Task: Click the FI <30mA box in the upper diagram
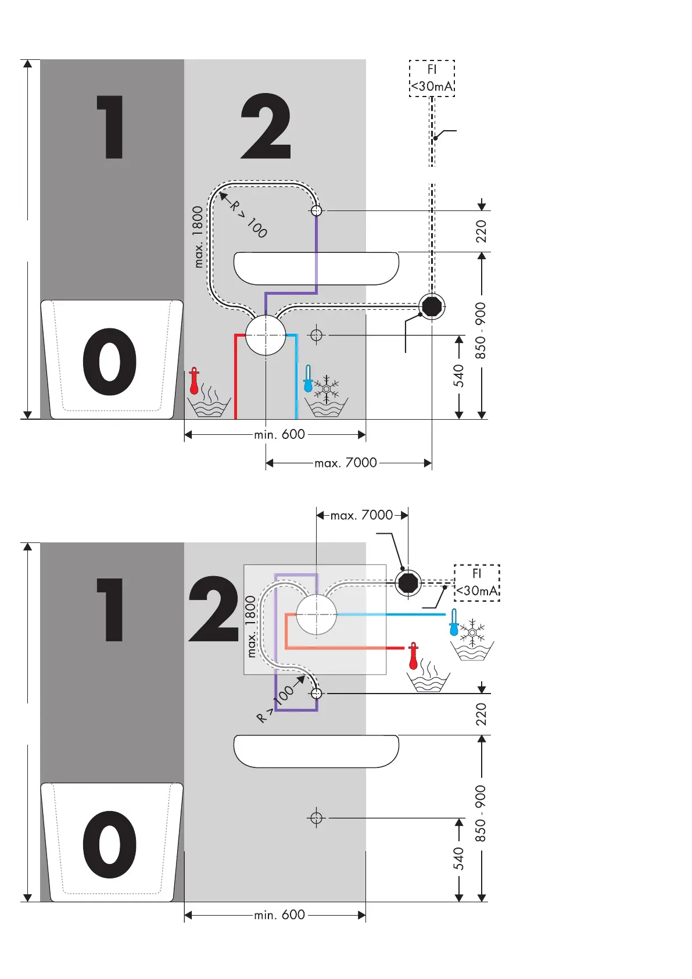coord(432,78)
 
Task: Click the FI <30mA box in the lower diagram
coord(476,583)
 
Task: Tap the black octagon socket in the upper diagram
coord(432,306)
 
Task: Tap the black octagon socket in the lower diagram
coord(408,582)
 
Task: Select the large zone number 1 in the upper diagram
coord(110,127)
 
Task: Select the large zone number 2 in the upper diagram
coord(266,126)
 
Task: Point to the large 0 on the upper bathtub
coord(109,362)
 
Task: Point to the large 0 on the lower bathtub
coord(109,844)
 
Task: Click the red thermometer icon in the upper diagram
coord(194,381)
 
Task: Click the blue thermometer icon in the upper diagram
coord(308,378)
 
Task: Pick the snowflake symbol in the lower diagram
coord(473,631)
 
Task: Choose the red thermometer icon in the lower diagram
coord(413,655)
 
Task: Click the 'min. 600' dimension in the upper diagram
coord(279,434)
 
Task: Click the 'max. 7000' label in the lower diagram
coord(361,515)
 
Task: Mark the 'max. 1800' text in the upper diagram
coord(198,237)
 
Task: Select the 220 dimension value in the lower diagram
coord(481,714)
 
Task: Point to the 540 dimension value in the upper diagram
coord(459,376)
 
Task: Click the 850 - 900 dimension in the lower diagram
coord(481,813)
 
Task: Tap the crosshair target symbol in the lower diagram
coord(316,818)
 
